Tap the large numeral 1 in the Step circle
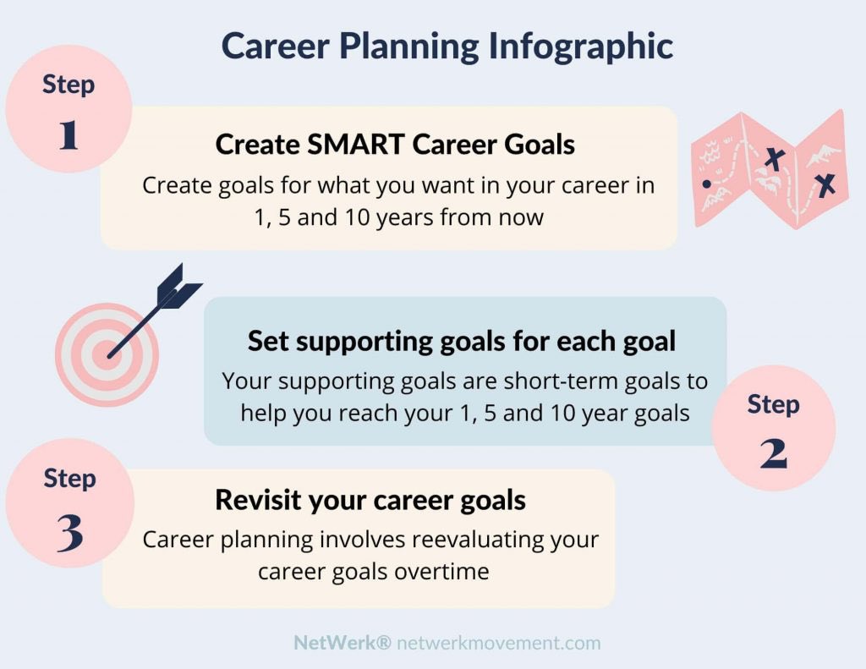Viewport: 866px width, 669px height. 69,134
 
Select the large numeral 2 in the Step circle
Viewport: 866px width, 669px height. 773,454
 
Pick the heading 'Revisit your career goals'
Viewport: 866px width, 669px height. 370,499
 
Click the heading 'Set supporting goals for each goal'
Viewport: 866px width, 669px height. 462,341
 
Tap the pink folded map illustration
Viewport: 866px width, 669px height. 769,168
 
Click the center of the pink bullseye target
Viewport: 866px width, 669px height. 107,355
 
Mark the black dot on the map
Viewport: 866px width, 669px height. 706,183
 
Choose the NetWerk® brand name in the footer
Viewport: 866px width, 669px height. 342,643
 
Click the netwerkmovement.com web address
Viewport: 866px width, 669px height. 499,643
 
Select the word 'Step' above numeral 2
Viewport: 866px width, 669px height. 773,404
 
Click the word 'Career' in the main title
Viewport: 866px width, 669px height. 274,47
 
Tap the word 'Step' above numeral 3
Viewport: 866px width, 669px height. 69,478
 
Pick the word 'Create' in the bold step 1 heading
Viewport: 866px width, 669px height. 256,144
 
